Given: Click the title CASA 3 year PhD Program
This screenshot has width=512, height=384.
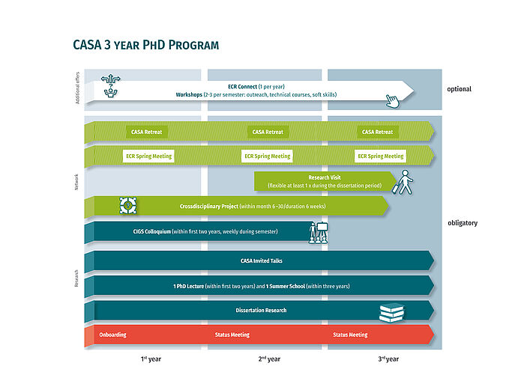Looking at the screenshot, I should pos(146,45).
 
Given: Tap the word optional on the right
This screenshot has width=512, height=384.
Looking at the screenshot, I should pos(460,89).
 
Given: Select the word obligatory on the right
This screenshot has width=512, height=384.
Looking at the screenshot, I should pos(462,223).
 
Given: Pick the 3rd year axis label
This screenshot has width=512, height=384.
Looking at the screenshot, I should pos(388,359).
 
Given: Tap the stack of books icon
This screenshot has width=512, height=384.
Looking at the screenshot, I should pos(392,312).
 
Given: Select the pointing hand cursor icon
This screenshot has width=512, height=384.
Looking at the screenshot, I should pos(392,102).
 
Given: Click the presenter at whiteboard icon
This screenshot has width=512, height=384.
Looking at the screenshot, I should pos(318,232).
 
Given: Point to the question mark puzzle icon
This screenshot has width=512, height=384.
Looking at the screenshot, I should pos(128,205).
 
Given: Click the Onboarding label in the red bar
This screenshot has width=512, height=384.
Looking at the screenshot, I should pos(112,335).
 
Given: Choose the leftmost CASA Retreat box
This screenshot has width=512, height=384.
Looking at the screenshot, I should pos(146,132).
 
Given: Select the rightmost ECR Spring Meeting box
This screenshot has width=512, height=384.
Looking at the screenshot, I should pos(380,156).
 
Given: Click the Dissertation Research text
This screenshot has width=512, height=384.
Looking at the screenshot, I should pos(261,310).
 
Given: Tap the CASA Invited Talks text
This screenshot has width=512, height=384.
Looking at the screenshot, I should pos(261,261).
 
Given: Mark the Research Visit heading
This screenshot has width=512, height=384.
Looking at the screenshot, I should pos(324,178).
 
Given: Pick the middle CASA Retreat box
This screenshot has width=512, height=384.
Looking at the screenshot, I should pos(268,132).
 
